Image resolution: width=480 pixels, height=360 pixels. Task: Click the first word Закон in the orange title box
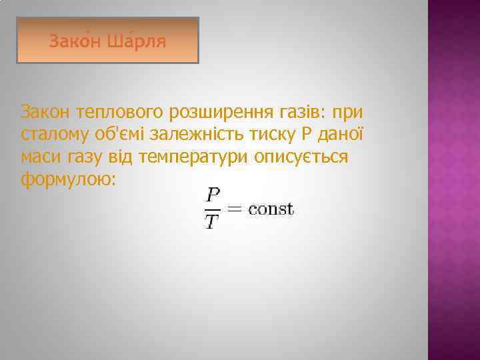coord(73,41)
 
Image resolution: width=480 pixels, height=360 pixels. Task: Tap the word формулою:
coord(69,180)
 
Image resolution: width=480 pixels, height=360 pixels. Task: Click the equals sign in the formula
coord(235,209)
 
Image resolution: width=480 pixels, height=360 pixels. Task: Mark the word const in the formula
coord(271,209)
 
